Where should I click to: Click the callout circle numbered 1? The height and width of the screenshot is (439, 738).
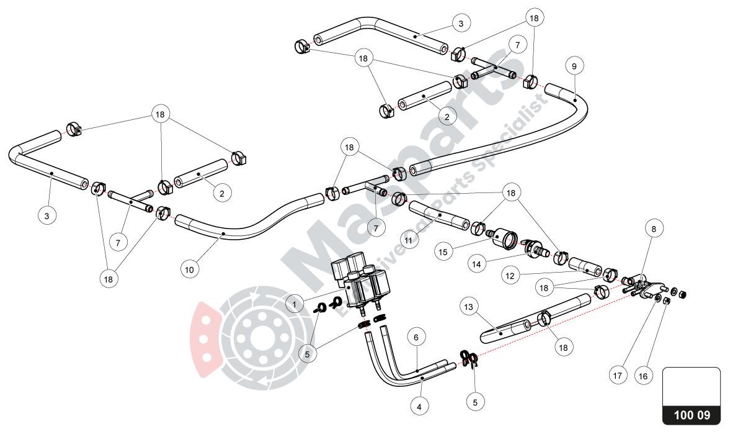[295, 304]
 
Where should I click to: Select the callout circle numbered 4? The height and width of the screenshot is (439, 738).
[420, 407]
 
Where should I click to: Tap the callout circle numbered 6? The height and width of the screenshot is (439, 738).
[417, 337]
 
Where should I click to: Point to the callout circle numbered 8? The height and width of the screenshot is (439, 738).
[653, 229]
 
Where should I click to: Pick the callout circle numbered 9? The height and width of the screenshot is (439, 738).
[574, 66]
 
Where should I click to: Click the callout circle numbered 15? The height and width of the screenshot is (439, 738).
[460, 253]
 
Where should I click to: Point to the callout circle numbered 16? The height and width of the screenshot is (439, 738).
[643, 376]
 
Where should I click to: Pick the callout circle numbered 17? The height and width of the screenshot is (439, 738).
[618, 376]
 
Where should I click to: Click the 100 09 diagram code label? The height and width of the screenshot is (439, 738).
[692, 415]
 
